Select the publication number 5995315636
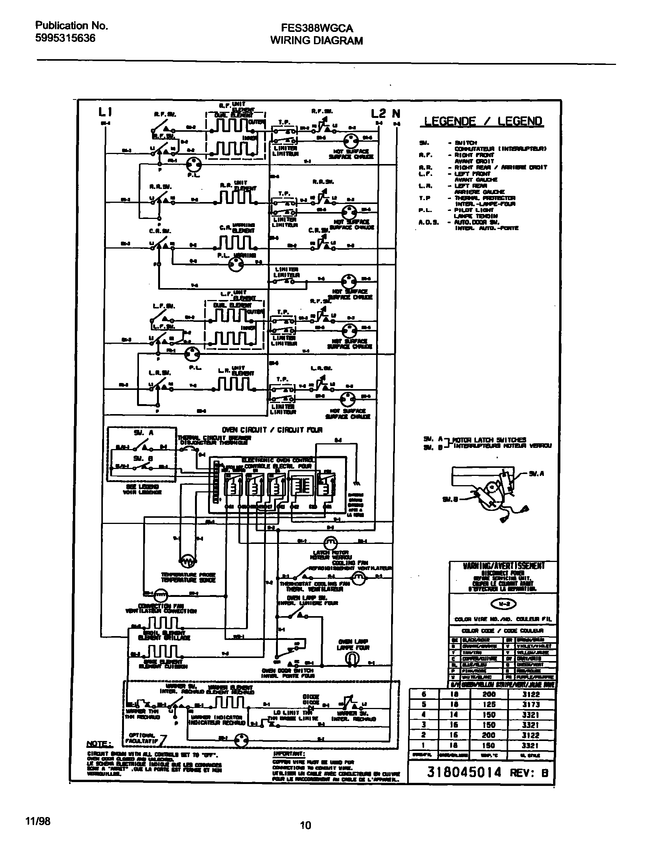pyautogui.click(x=65, y=38)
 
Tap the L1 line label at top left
pyautogui.click(x=105, y=112)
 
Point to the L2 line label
pyautogui.click(x=378, y=113)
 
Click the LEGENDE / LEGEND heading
pyautogui.click(x=483, y=121)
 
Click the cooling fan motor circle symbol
pyautogui.click(x=358, y=578)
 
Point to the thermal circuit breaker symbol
pyautogui.click(x=188, y=450)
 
